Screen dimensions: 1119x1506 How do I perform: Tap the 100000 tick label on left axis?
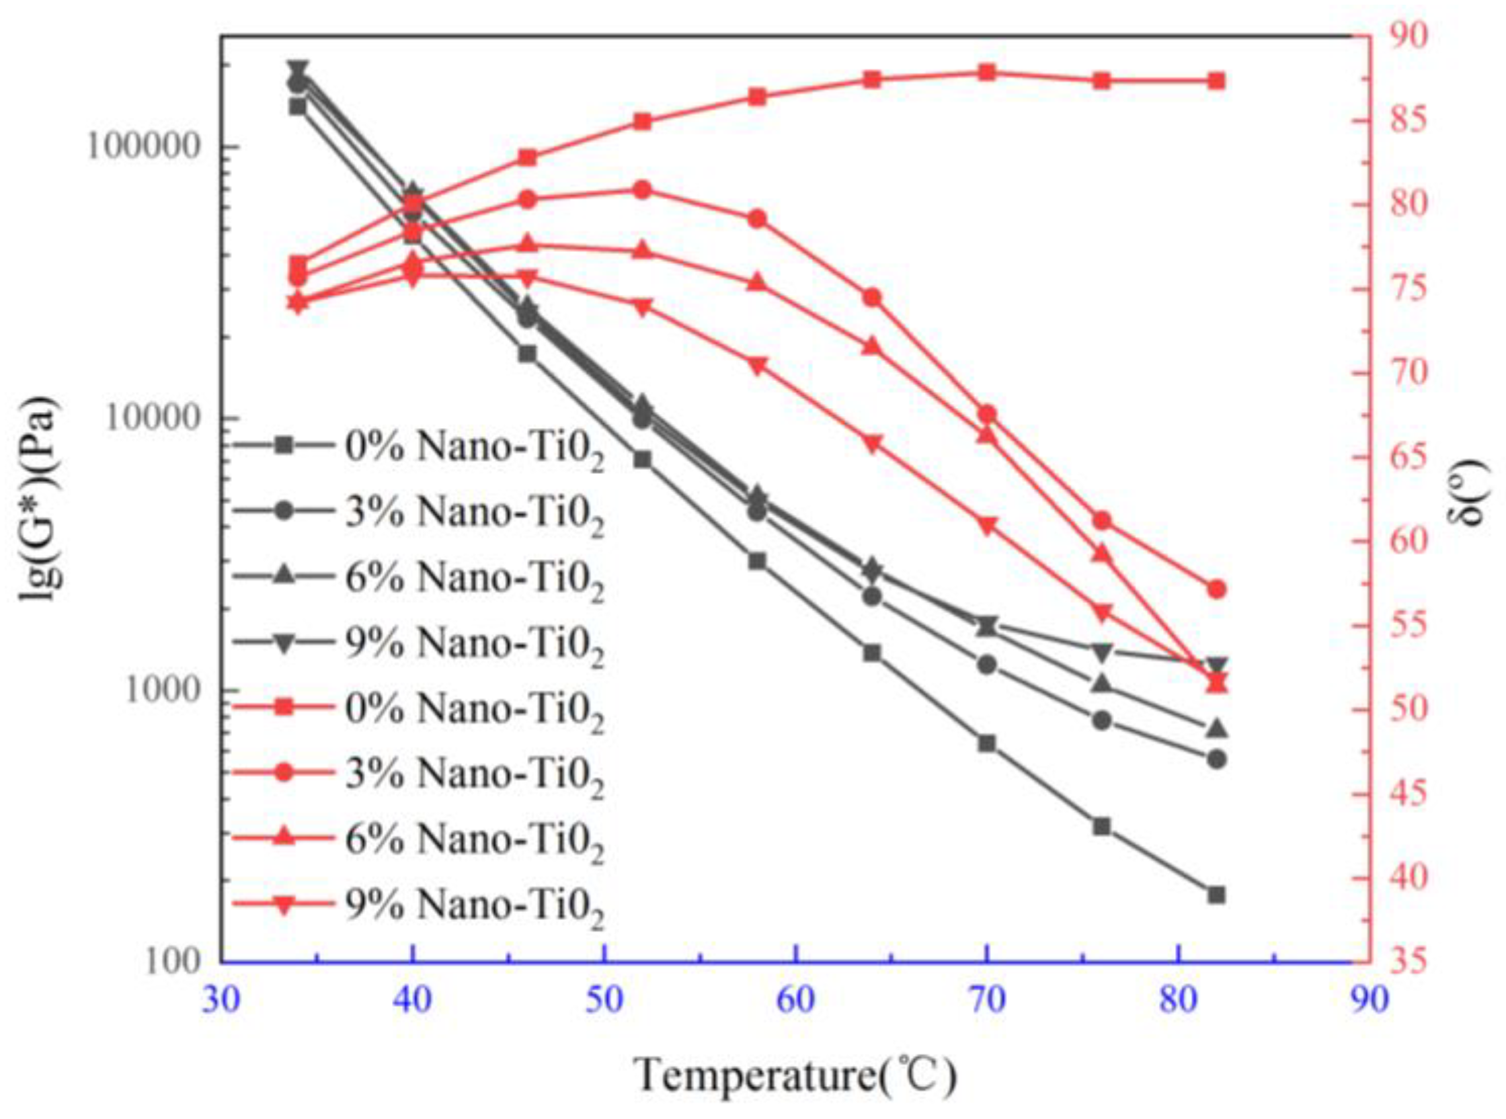click(x=146, y=148)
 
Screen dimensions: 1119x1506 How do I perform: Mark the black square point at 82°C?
click(x=1216, y=895)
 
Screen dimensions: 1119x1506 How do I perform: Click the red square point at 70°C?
click(x=987, y=73)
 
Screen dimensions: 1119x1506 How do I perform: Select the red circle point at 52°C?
click(x=643, y=190)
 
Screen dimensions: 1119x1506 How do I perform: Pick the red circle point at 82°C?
click(x=1217, y=589)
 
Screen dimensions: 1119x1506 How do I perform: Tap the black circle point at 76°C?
click(x=1101, y=720)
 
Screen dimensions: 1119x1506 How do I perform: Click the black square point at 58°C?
click(x=758, y=561)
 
